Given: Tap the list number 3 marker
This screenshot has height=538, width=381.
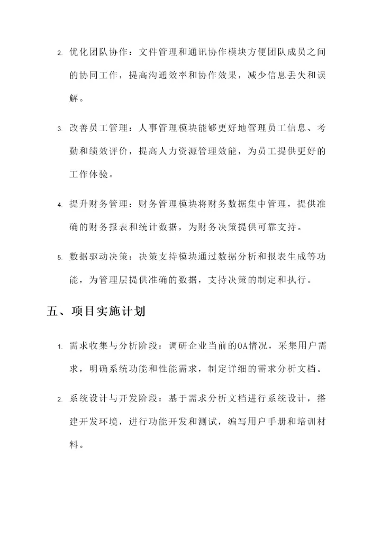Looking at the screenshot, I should pyautogui.click(x=59, y=129).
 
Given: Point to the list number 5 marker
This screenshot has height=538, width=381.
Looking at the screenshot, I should pyautogui.click(x=59, y=258).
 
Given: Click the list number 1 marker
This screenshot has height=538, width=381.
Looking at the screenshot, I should pyautogui.click(x=59, y=346).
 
